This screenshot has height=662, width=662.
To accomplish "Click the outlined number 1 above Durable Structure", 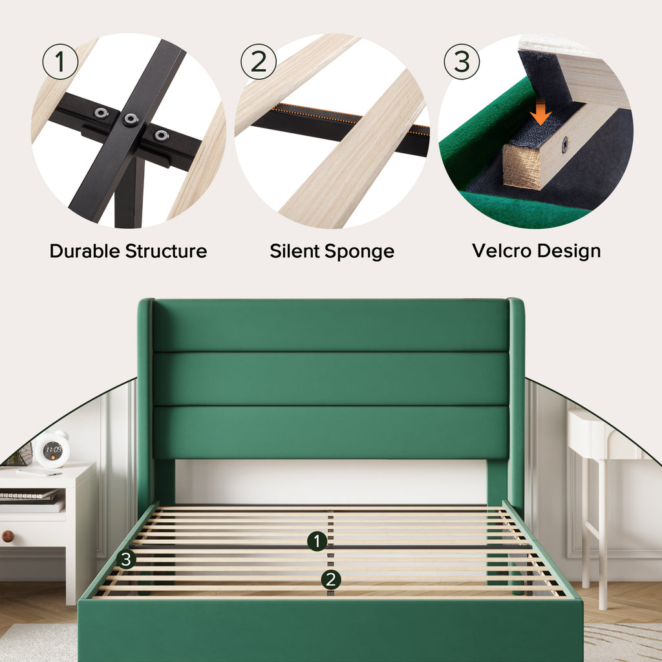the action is [x=60, y=61].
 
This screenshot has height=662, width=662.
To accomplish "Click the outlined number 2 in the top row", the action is [x=259, y=61].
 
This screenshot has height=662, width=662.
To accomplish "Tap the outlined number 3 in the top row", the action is [x=462, y=61].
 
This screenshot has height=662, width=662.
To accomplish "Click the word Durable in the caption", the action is [x=85, y=251].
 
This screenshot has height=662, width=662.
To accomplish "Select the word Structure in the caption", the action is [x=166, y=251].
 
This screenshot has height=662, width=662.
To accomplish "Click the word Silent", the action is [x=295, y=251].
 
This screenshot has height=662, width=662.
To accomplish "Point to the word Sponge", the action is [x=359, y=252].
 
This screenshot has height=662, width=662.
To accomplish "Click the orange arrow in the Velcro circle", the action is [x=540, y=111].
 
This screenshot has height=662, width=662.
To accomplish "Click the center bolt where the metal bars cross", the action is [x=131, y=120].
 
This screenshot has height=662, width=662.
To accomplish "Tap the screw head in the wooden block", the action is [x=564, y=145].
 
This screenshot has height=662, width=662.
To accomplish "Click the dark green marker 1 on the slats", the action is [x=317, y=541].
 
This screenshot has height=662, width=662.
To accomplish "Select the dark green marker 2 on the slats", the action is [x=331, y=580].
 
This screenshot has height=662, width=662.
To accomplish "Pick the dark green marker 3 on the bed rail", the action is [x=126, y=559].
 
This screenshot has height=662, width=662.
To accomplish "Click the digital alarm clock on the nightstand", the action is [x=52, y=449].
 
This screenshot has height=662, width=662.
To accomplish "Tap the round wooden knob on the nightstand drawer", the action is [x=8, y=536].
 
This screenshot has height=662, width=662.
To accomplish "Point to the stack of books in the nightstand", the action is [x=30, y=501].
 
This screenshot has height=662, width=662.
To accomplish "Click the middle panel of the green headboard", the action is [x=330, y=379].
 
